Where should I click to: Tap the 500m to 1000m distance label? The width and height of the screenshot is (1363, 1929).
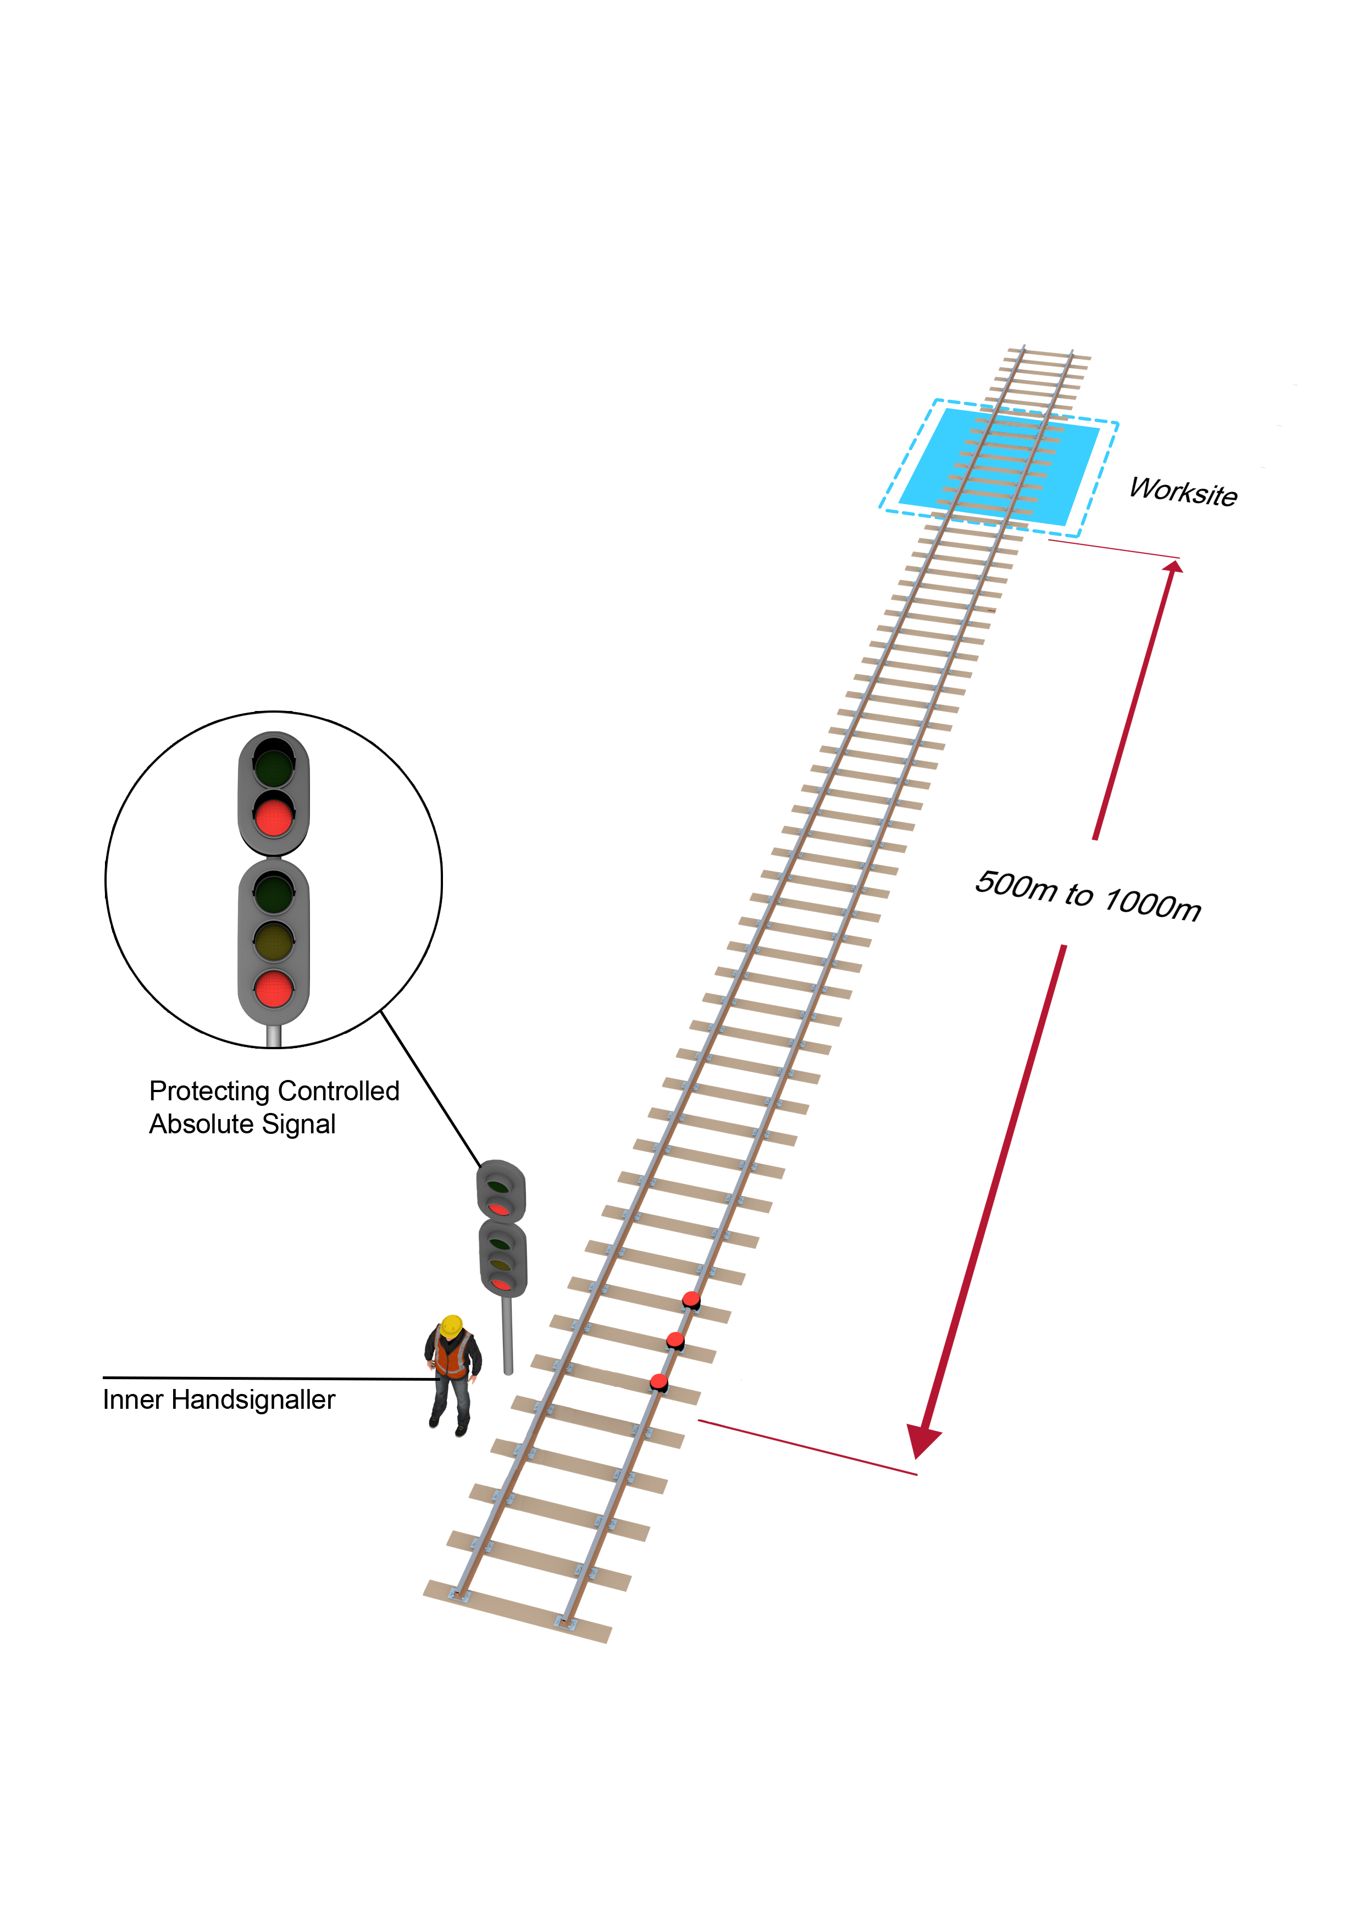click(x=1088, y=896)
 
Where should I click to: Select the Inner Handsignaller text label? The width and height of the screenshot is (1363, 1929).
click(x=218, y=1399)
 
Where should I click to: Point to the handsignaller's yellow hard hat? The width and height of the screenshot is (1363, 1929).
click(x=452, y=1326)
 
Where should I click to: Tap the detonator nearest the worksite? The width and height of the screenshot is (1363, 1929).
click(x=691, y=1300)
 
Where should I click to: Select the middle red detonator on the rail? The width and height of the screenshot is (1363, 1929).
click(x=675, y=1341)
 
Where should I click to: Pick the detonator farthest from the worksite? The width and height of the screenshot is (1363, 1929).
click(x=660, y=1382)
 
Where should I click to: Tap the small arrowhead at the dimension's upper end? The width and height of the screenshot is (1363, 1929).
click(x=1173, y=566)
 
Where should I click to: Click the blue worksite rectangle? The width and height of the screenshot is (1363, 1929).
click(x=999, y=466)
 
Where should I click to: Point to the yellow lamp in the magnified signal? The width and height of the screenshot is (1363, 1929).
click(x=274, y=940)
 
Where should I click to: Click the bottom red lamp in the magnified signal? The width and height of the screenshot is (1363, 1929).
click(x=274, y=988)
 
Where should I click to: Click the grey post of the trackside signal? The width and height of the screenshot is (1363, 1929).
click(x=507, y=1335)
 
